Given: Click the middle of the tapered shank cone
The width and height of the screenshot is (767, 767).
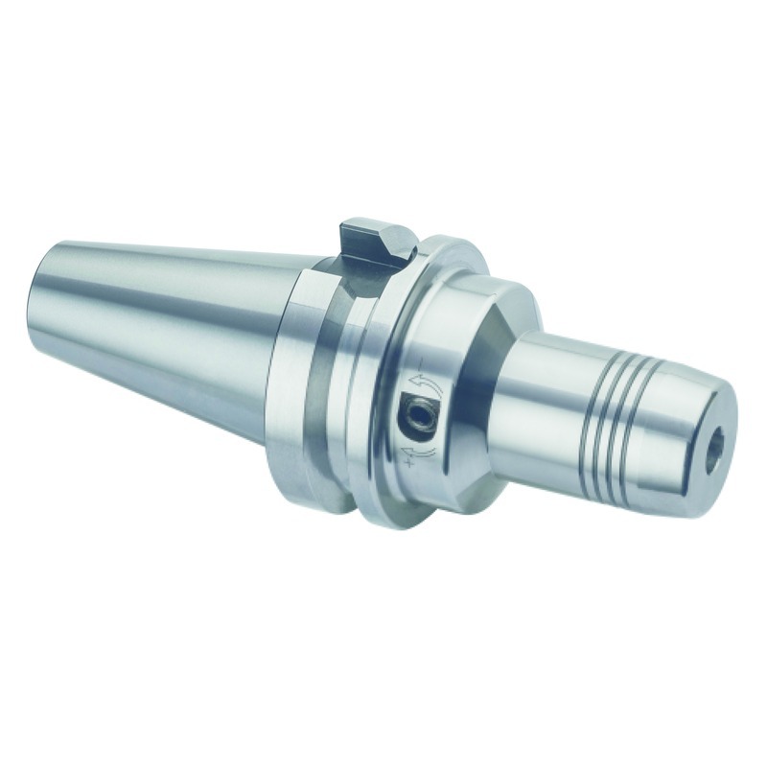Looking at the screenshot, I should coord(163,316).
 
